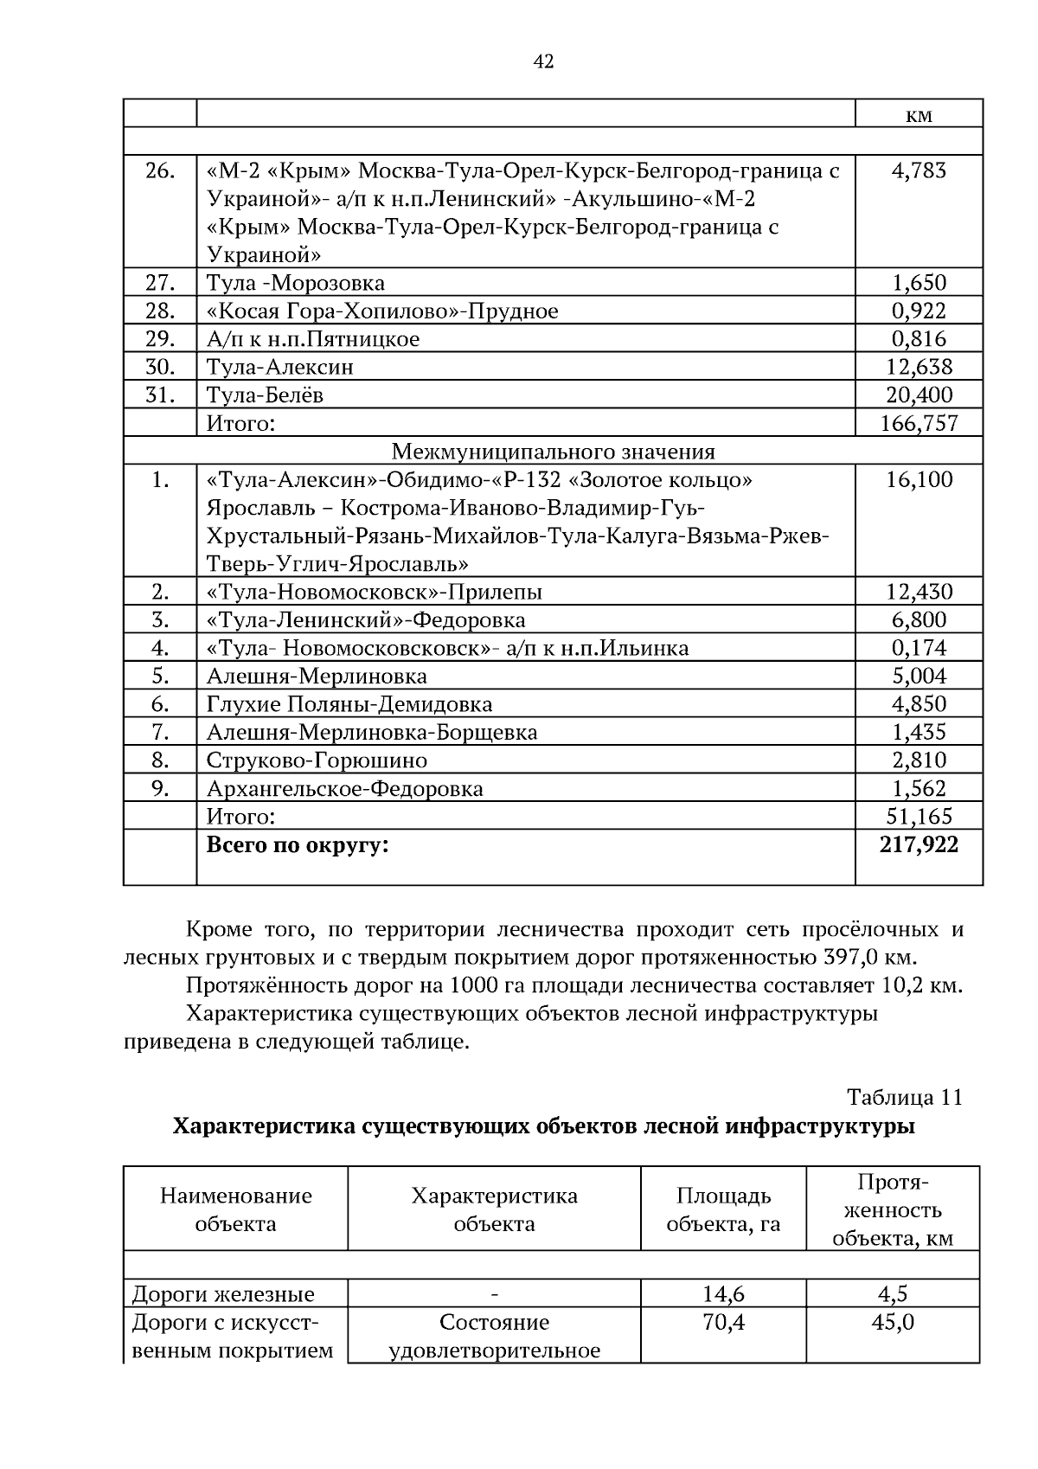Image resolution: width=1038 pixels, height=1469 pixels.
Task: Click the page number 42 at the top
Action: [543, 61]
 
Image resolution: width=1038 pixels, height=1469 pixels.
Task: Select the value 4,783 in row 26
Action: [919, 170]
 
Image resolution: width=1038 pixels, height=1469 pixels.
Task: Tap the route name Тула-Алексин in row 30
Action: [279, 367]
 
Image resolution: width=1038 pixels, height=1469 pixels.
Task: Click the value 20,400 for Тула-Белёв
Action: [919, 395]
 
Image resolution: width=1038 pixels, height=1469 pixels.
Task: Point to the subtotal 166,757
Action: [919, 423]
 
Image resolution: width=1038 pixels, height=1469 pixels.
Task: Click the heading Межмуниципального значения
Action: [553, 452]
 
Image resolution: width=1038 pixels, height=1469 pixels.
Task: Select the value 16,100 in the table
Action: [919, 480]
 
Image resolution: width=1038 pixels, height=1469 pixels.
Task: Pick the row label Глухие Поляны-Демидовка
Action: [349, 704]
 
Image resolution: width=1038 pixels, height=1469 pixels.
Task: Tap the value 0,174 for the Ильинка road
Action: [919, 648]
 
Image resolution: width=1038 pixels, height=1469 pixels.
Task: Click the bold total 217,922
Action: [919, 844]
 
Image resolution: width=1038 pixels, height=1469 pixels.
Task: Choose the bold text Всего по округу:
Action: [298, 845]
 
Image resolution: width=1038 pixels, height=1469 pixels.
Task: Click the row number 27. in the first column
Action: [160, 283]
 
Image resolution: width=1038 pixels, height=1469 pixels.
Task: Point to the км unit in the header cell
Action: [919, 115]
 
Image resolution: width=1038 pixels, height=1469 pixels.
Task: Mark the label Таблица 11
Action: [904, 1098]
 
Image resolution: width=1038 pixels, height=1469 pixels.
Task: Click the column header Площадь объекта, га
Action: [723, 1209]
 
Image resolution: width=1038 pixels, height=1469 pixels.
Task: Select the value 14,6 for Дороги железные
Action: [723, 1294]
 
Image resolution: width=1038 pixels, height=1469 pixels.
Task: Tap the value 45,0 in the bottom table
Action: [892, 1323]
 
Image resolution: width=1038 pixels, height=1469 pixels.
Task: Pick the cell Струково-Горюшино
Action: [317, 760]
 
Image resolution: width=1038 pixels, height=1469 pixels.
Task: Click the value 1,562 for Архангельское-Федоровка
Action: [919, 788]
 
